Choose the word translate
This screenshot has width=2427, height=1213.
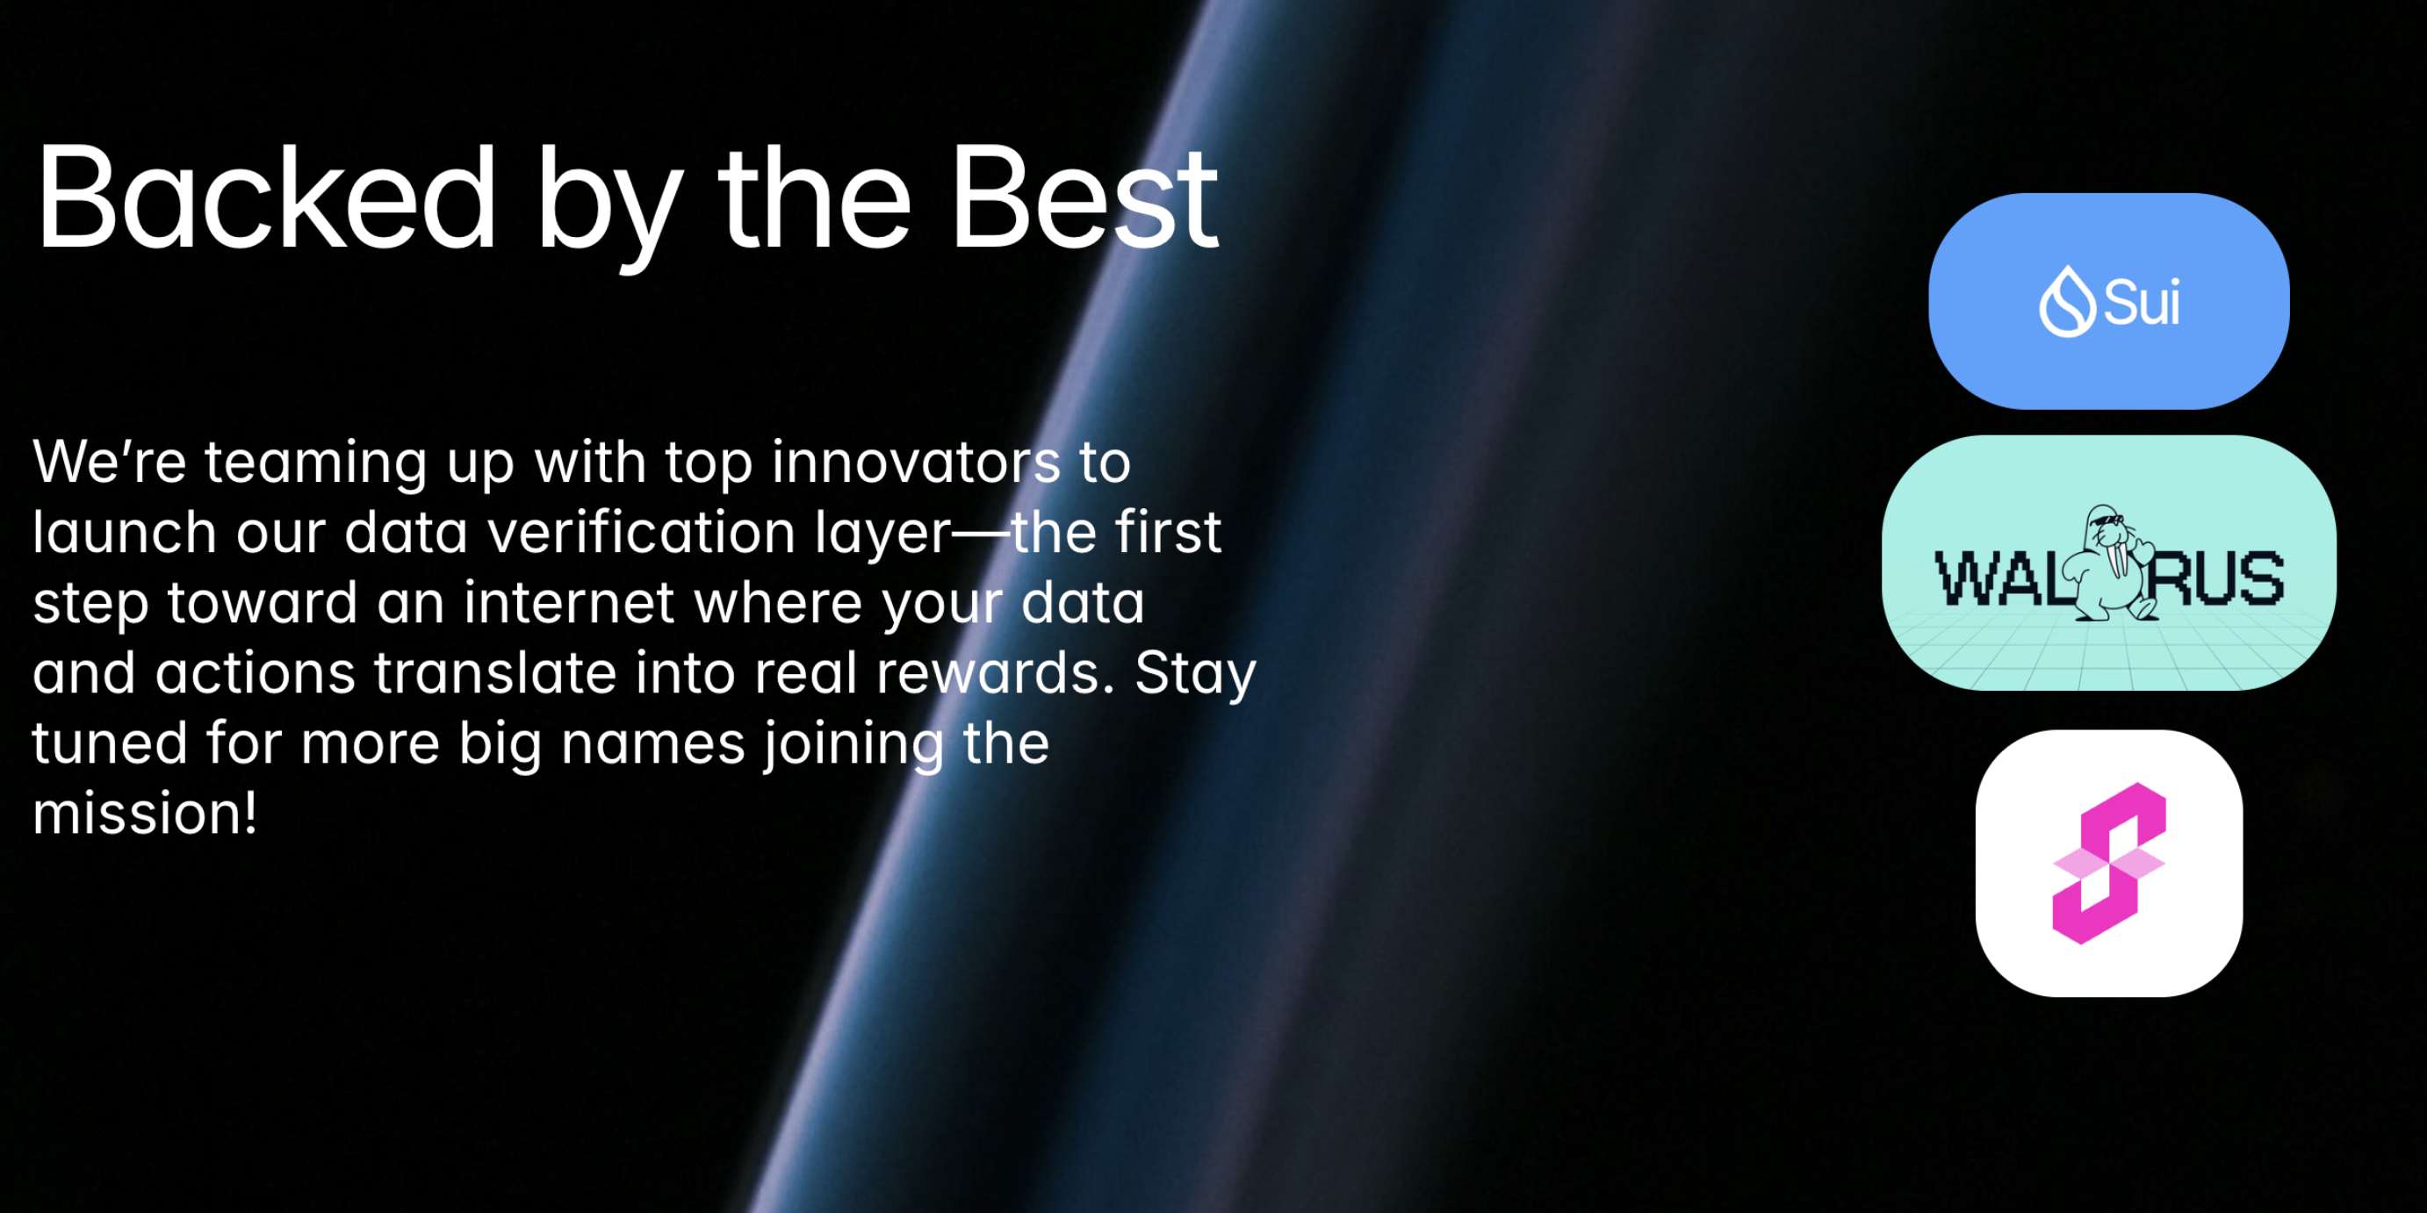[x=495, y=672]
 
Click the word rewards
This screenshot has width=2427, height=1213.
[x=997, y=672]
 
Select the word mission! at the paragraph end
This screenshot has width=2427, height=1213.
[x=145, y=813]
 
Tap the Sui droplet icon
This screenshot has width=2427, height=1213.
[x=2067, y=300]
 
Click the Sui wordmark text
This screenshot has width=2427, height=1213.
[x=2142, y=304]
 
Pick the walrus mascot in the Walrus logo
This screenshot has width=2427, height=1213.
[x=2107, y=563]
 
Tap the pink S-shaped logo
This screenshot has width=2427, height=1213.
[x=2108, y=863]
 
